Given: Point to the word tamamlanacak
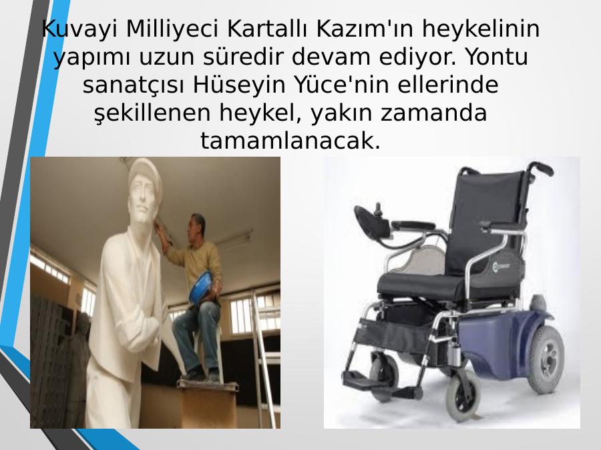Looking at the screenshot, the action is click(290, 141).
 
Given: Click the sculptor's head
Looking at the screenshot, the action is click(196, 227).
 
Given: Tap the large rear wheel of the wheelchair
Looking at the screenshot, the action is click(546, 360).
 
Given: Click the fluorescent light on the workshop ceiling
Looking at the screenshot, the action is click(233, 239).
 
